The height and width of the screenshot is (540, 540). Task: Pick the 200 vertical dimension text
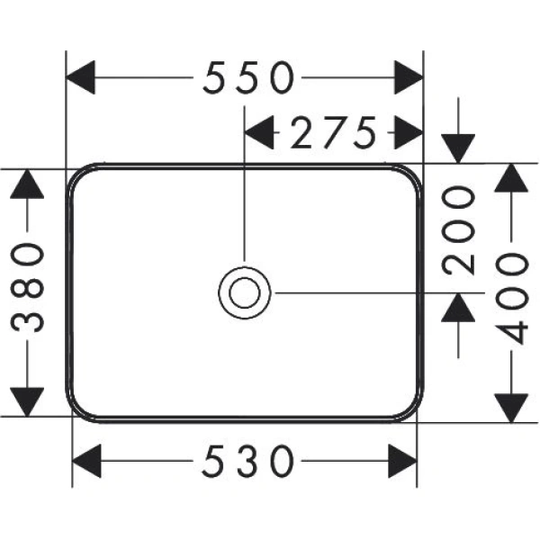click(x=460, y=229)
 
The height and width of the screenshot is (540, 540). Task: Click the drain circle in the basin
click(x=244, y=292)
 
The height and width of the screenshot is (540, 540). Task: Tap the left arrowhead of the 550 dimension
click(x=82, y=78)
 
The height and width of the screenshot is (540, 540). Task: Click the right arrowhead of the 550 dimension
click(x=409, y=78)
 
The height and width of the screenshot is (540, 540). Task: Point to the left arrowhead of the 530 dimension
click(x=86, y=463)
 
